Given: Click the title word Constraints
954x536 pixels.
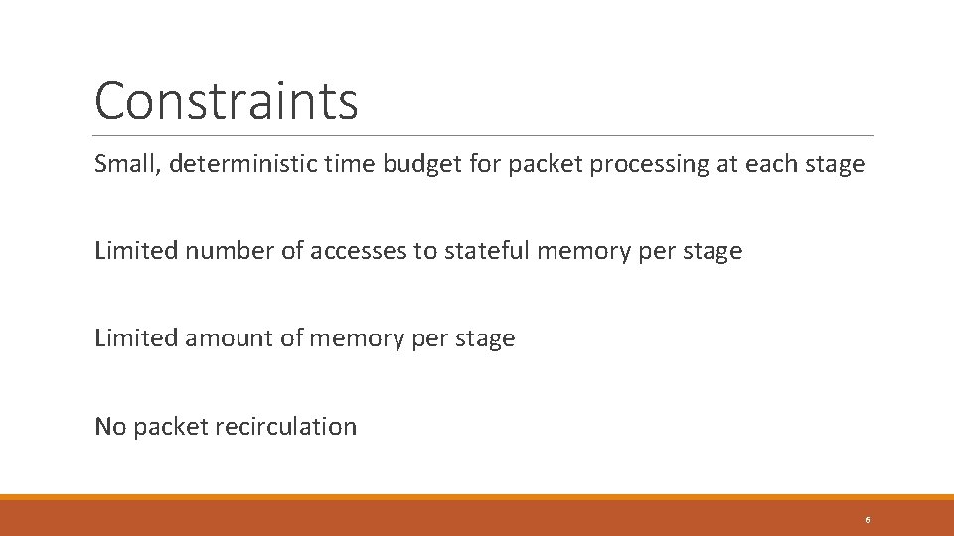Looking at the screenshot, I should point(226,100).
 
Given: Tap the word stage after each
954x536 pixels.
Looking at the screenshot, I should point(834,164).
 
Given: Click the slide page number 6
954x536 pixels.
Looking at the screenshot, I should point(867,519).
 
